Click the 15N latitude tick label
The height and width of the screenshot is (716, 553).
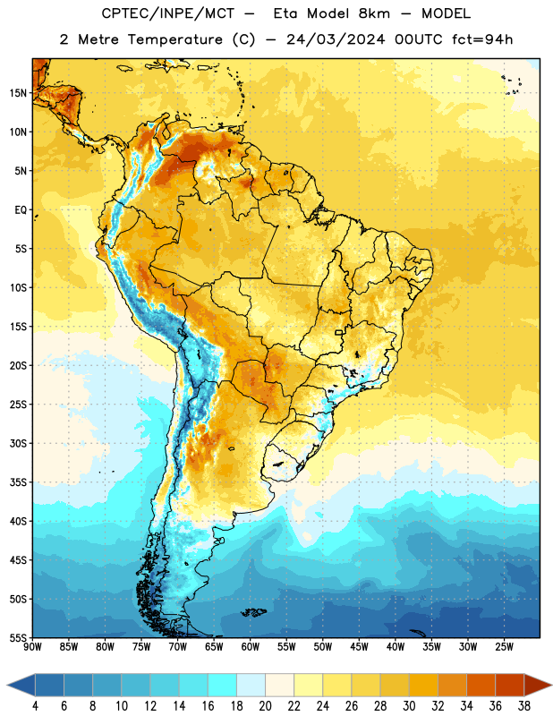pyautogui.click(x=18, y=93)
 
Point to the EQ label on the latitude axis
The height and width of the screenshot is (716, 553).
pyautogui.click(x=21, y=210)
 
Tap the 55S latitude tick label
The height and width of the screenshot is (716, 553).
pyautogui.click(x=18, y=638)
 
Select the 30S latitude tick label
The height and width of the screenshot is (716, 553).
pyautogui.click(x=18, y=443)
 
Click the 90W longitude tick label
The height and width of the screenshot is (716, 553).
pyautogui.click(x=32, y=647)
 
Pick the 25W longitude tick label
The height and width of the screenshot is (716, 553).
pyautogui.click(x=504, y=647)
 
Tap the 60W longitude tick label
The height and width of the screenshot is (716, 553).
pyautogui.click(x=251, y=647)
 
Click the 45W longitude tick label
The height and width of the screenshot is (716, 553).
pyautogui.click(x=359, y=647)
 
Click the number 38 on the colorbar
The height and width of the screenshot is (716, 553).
pyautogui.click(x=524, y=706)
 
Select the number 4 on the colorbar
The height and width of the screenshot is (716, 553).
pyautogui.click(x=35, y=706)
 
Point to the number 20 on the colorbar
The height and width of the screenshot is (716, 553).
pyautogui.click(x=265, y=706)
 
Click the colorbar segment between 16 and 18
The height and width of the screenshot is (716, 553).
pyautogui.click(x=223, y=685)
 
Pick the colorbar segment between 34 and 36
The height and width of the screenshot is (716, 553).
pyautogui.click(x=481, y=685)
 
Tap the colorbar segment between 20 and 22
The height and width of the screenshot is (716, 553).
pyautogui.click(x=279, y=685)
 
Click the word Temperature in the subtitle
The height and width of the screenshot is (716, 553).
pyautogui.click(x=174, y=39)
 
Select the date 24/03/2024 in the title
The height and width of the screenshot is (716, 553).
pyautogui.click(x=336, y=39)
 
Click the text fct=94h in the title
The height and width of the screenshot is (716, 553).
pyautogui.click(x=482, y=39)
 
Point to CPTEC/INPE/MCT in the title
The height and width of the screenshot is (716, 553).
pyautogui.click(x=167, y=13)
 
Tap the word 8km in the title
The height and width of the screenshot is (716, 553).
pyautogui.click(x=374, y=13)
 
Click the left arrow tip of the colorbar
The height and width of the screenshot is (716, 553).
pyautogui.click(x=7, y=685)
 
